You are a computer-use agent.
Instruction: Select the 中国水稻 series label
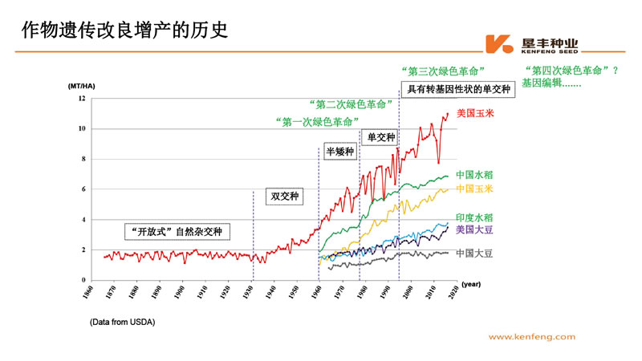pos(475,174)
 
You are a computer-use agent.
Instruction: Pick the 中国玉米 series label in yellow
pos(475,189)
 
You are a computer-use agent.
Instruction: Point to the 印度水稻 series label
pos(475,217)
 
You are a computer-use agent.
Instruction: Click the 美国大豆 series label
pos(475,230)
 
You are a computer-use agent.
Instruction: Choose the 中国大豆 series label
pos(475,253)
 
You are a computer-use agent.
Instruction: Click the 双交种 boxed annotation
pos(285,196)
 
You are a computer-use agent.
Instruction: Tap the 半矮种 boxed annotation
pos(339,151)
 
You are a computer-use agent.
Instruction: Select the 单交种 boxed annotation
pos(381,137)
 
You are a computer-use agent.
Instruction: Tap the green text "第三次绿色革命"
pos(442,71)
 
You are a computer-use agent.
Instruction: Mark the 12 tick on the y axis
pos(81,99)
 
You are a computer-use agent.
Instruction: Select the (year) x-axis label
pos(471,284)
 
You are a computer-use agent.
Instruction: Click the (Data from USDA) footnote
pos(122,322)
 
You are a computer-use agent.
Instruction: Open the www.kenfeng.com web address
pos(532,338)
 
